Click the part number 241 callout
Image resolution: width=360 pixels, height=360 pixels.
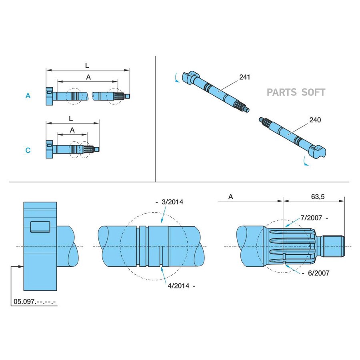tap(244, 77)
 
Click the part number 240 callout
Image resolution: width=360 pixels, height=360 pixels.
tap(315, 119)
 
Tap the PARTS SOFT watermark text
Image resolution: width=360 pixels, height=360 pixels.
tap(296, 92)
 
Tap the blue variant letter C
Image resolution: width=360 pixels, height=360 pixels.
tap(28, 150)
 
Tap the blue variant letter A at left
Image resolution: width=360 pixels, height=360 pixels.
tap(28, 96)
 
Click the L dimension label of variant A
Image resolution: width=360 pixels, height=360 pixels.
tap(87, 64)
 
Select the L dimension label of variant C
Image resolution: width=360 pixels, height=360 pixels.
tap(71, 118)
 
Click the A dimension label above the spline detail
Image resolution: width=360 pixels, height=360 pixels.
tap(231, 196)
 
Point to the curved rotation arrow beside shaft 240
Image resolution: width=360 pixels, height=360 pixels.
tap(306, 161)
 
